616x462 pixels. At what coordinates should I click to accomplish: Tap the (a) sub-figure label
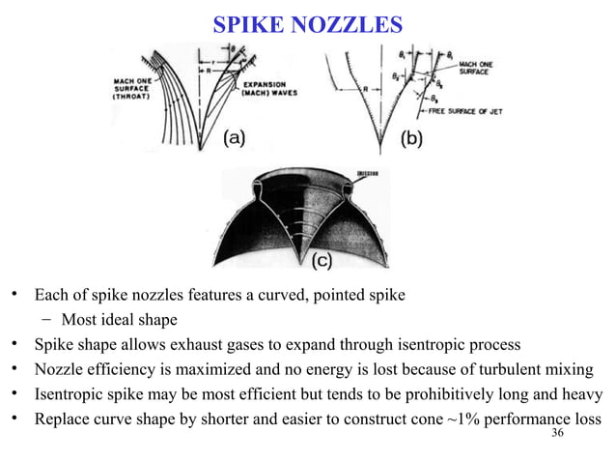[x=234, y=138]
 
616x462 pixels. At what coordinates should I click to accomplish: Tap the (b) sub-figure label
[x=409, y=138]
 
